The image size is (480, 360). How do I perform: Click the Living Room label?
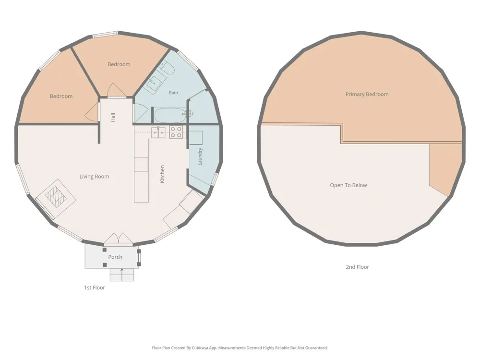(94, 176)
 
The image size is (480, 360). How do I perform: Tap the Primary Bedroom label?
(367, 94)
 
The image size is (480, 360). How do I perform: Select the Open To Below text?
(348, 185)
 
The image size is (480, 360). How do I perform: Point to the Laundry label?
(200, 156)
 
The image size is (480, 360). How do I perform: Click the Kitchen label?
(162, 174)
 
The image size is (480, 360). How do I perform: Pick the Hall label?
(113, 117)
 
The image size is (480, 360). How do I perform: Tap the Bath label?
(173, 93)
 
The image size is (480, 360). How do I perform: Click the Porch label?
(115, 257)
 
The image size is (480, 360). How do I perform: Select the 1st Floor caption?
(95, 288)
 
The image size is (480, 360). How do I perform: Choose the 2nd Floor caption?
(357, 267)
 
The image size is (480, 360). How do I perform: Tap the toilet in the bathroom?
(168, 67)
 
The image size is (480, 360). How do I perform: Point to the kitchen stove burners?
(176, 132)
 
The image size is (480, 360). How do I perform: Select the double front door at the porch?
(118, 240)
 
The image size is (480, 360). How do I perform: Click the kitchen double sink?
(158, 132)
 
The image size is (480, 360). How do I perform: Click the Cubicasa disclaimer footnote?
(240, 348)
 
